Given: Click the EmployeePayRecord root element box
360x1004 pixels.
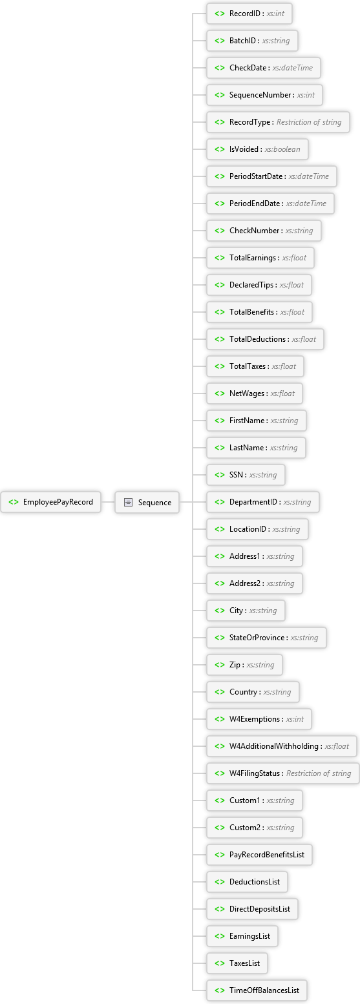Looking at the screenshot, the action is point(50,502).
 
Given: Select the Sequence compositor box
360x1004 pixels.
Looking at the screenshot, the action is point(147,503).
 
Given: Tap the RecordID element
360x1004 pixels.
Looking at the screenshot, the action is point(249,14).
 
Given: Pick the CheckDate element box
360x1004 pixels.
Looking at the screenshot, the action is point(264,68).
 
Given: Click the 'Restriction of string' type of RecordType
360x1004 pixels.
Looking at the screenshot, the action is point(309,122).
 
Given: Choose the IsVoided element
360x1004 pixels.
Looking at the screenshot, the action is point(257,149).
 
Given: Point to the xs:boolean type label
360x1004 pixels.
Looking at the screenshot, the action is point(282,149).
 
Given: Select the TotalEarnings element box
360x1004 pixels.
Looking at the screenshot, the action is point(260,258).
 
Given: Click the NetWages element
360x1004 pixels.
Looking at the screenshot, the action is point(255,393).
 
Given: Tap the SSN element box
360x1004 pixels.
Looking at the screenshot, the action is point(246,475).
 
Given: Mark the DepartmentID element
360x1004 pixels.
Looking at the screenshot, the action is point(262,502).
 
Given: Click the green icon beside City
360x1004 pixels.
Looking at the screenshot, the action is point(220,611).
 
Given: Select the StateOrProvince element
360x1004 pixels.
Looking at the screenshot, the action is point(266,638).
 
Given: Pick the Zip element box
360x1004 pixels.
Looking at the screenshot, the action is point(244,665).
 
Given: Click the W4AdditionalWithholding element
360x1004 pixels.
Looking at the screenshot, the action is point(282,746).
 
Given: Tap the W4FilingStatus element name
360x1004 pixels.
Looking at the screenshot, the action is point(255,773).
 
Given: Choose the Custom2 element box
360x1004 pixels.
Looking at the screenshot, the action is point(254,828).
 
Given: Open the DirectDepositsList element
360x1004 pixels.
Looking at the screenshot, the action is point(253,909).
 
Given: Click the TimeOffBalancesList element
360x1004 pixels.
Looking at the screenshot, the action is point(257,990).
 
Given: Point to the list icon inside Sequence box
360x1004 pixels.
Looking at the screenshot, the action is point(128,503).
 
